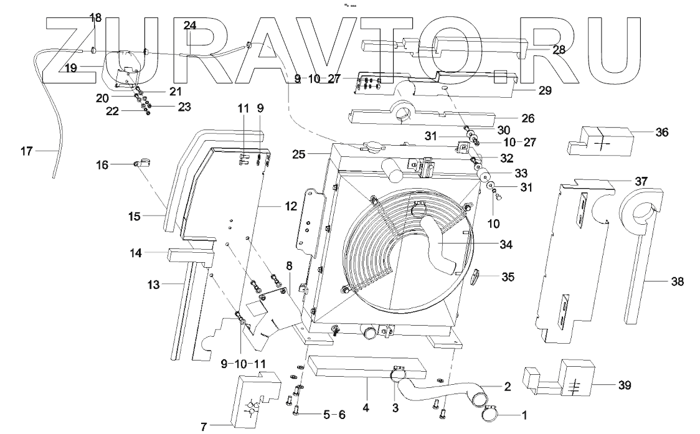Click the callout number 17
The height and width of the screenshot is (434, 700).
[27, 151]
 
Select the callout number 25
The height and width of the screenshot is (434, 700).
[299, 154]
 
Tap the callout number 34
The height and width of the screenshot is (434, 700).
[506, 245]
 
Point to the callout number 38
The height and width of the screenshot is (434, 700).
[677, 281]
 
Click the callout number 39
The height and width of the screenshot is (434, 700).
[624, 385]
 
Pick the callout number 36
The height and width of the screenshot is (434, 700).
[662, 132]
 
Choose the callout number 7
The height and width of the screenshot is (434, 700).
[204, 427]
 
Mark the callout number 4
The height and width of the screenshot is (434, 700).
[366, 408]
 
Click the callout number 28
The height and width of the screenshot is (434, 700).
[559, 50]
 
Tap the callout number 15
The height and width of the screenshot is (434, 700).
[135, 217]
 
